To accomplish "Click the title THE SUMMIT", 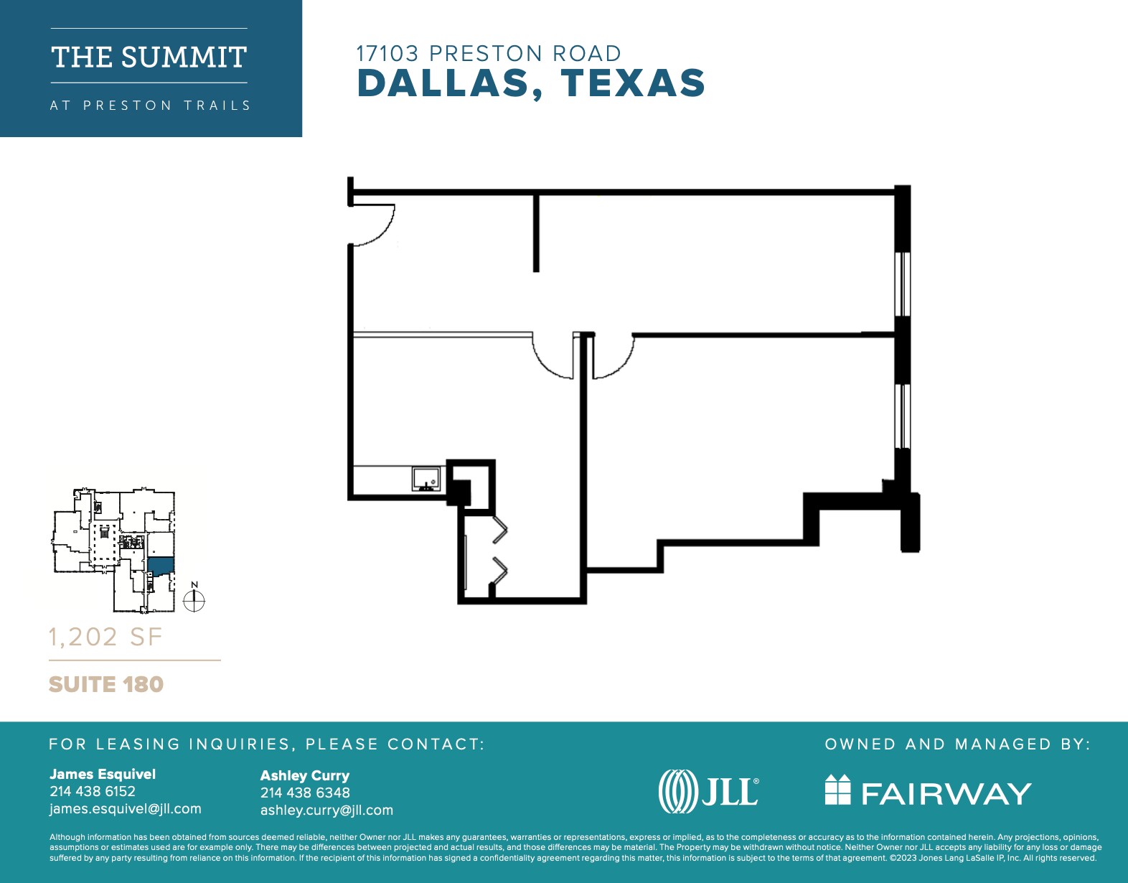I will (149, 57).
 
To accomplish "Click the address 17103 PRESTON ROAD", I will (489, 54).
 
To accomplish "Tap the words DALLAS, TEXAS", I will (531, 83).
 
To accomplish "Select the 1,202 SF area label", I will (105, 637).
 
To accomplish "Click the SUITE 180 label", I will (106, 684).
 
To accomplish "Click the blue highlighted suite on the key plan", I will (161, 566).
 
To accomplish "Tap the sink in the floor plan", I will (426, 478).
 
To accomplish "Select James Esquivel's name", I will (103, 774).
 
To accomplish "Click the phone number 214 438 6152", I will (93, 791).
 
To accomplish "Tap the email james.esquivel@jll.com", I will (126, 809).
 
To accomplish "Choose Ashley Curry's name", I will (305, 775).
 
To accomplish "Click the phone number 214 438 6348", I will (305, 793).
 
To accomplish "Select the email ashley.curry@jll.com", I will (326, 810).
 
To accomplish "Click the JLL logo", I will (708, 791).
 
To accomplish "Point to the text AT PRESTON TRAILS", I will (150, 106).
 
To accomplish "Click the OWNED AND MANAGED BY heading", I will (957, 744).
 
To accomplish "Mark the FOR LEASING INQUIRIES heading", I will (267, 744).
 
